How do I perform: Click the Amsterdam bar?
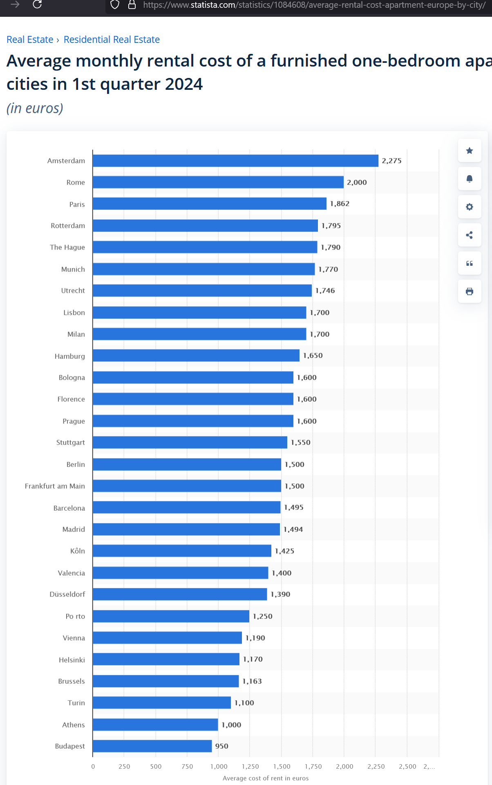235,161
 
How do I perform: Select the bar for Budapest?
152,746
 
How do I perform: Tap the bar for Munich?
204,269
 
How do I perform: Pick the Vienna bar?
167,638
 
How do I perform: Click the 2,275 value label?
391,161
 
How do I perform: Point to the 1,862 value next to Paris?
340,204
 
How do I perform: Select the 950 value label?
221,746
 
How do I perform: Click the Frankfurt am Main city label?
55,486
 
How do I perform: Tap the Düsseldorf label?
67,594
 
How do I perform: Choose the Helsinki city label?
72,660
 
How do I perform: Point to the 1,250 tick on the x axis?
250,767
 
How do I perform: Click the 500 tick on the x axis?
156,767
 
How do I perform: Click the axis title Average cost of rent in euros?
266,778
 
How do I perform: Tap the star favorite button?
470,151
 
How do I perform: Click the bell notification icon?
470,179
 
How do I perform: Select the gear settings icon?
470,207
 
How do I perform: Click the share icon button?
470,235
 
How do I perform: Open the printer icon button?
470,291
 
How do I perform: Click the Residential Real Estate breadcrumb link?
112,40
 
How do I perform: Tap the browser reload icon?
37,4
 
